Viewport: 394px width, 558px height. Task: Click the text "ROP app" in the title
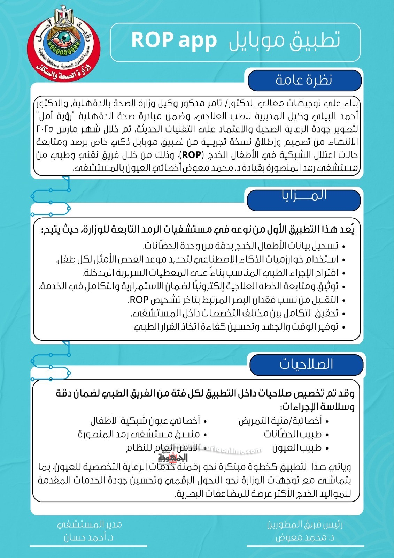174,40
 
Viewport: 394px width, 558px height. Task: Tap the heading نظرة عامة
304,80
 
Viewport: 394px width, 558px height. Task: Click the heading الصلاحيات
306,364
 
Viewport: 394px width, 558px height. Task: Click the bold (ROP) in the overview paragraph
192,155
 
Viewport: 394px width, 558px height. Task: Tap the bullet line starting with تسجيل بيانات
240,246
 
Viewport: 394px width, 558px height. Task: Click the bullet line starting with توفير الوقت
235,327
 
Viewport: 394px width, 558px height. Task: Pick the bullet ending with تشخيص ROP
233,300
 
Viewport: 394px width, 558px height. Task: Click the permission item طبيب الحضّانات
293,434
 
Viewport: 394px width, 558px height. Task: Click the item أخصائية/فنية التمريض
280,421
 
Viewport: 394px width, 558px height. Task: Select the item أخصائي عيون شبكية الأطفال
145,421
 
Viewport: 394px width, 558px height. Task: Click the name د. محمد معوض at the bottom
305,538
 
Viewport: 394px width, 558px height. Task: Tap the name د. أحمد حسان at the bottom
88,537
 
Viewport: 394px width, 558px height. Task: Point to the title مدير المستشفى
89,524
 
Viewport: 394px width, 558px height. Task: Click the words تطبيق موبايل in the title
284,40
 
